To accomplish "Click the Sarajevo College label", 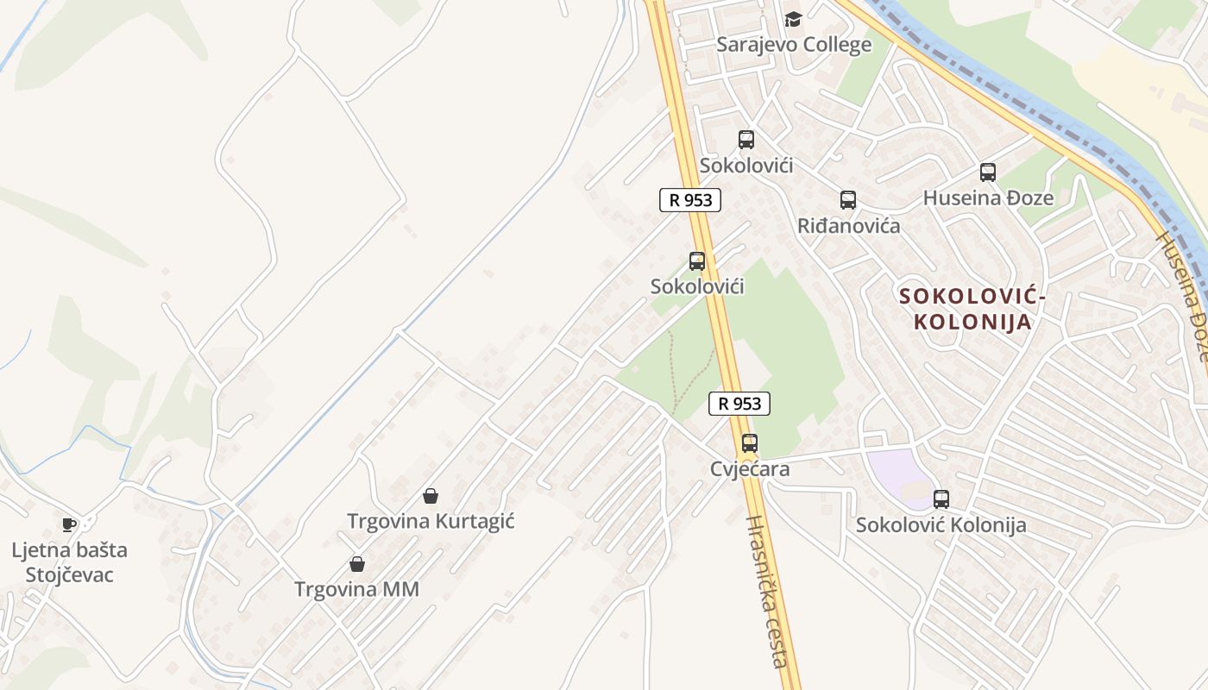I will pos(794,45).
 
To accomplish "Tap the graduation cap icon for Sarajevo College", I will pos(793,19).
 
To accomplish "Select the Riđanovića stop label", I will pos(848,226).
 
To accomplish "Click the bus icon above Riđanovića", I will pos(848,200).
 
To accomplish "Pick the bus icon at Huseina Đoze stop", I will pos(988,172).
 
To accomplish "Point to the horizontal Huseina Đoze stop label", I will pos(988,198).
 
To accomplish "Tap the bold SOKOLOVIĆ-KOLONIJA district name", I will pos(972,310).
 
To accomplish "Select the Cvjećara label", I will pos(750,468).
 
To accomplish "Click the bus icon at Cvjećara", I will pos(750,443).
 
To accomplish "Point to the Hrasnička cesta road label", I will pos(767,591).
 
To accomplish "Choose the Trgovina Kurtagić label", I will pos(431,521).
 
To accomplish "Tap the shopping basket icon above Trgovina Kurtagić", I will pos(431,496).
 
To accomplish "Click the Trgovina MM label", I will pos(356,589).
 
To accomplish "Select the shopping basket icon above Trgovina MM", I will pos(356,564).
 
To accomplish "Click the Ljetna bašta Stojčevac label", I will pos(69,562).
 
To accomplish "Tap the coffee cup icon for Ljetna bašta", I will pos(69,524).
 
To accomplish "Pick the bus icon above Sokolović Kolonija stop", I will pos(941,499).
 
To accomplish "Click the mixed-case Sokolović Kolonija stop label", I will pos(941,524).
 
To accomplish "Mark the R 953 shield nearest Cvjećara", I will pos(739,403).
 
